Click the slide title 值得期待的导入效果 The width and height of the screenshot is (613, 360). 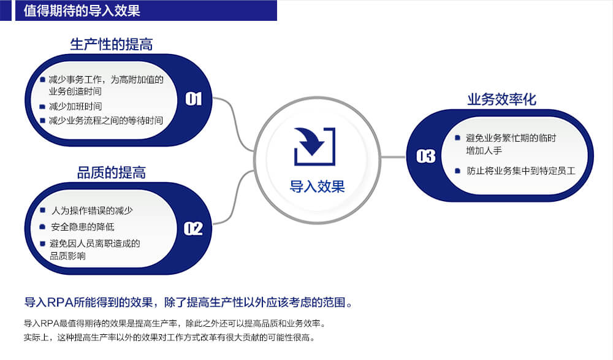coord(82,10)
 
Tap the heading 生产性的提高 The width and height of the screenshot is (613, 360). coord(112,44)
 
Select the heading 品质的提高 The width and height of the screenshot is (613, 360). coord(112,172)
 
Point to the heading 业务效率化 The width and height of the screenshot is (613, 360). coord(501,99)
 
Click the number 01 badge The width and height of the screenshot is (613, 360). coord(194,99)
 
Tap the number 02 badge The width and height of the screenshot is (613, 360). coord(193,229)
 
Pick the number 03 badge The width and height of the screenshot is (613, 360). coord(426,156)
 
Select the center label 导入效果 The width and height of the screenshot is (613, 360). coord(317,186)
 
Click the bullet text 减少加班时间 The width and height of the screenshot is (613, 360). coord(75,107)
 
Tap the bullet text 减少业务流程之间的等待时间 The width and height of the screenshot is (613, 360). coord(106,121)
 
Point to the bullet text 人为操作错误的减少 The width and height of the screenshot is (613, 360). coord(93,210)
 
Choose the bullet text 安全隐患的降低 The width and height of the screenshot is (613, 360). coord(83,226)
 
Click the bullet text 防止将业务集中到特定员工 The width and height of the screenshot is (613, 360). coord(521,170)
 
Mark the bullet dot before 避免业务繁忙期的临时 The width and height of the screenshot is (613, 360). coord(457,138)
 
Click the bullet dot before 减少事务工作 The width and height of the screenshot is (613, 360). coord(43,80)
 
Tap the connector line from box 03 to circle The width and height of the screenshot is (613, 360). coord(393,157)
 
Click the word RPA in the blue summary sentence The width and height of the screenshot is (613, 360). coord(59,302)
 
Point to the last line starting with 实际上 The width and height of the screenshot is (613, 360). coord(169,337)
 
